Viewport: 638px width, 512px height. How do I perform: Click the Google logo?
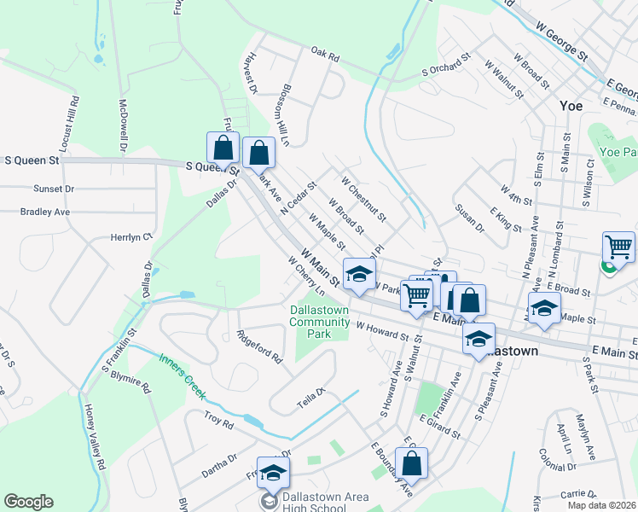click(x=28, y=502)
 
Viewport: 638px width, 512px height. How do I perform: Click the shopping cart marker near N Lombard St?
click(x=618, y=247)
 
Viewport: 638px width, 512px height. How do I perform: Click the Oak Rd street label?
click(x=325, y=55)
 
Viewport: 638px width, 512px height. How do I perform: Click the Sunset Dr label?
click(x=54, y=189)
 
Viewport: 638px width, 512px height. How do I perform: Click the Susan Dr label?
click(x=469, y=218)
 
